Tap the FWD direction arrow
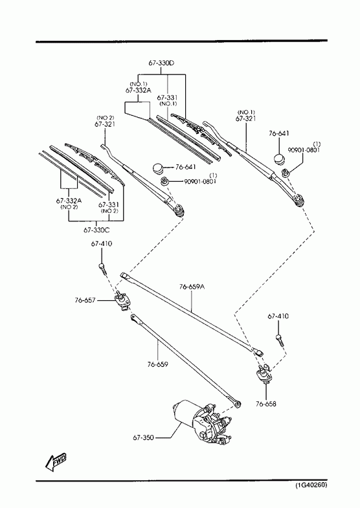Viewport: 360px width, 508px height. pyautogui.click(x=56, y=462)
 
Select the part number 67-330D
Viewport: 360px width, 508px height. pyautogui.click(x=161, y=63)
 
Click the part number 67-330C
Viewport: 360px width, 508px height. pyautogui.click(x=96, y=230)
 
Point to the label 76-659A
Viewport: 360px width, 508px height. pyautogui.click(x=192, y=287)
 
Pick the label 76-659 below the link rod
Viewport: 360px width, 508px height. pyautogui.click(x=158, y=364)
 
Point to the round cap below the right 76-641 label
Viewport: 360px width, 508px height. pyautogui.click(x=278, y=159)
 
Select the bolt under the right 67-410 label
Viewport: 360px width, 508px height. pyautogui.click(x=279, y=341)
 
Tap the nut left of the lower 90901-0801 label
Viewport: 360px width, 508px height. pyautogui.click(x=165, y=181)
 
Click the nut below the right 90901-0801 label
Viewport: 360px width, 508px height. pyautogui.click(x=286, y=172)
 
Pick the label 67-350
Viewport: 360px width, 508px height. pyautogui.click(x=143, y=437)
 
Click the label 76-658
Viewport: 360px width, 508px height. pyautogui.click(x=266, y=404)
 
